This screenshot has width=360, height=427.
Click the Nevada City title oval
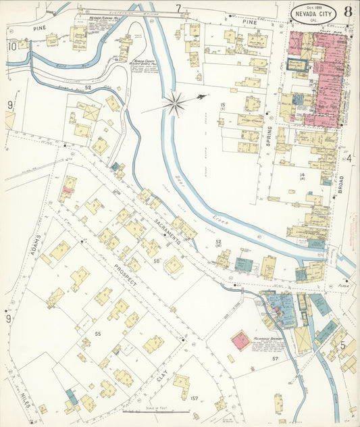click(313, 14)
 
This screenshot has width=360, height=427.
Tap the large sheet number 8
click(346, 11)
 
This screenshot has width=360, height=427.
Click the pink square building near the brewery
click(240, 340)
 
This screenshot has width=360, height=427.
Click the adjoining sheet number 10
click(11, 46)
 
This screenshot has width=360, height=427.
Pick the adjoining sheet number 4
click(349, 159)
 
